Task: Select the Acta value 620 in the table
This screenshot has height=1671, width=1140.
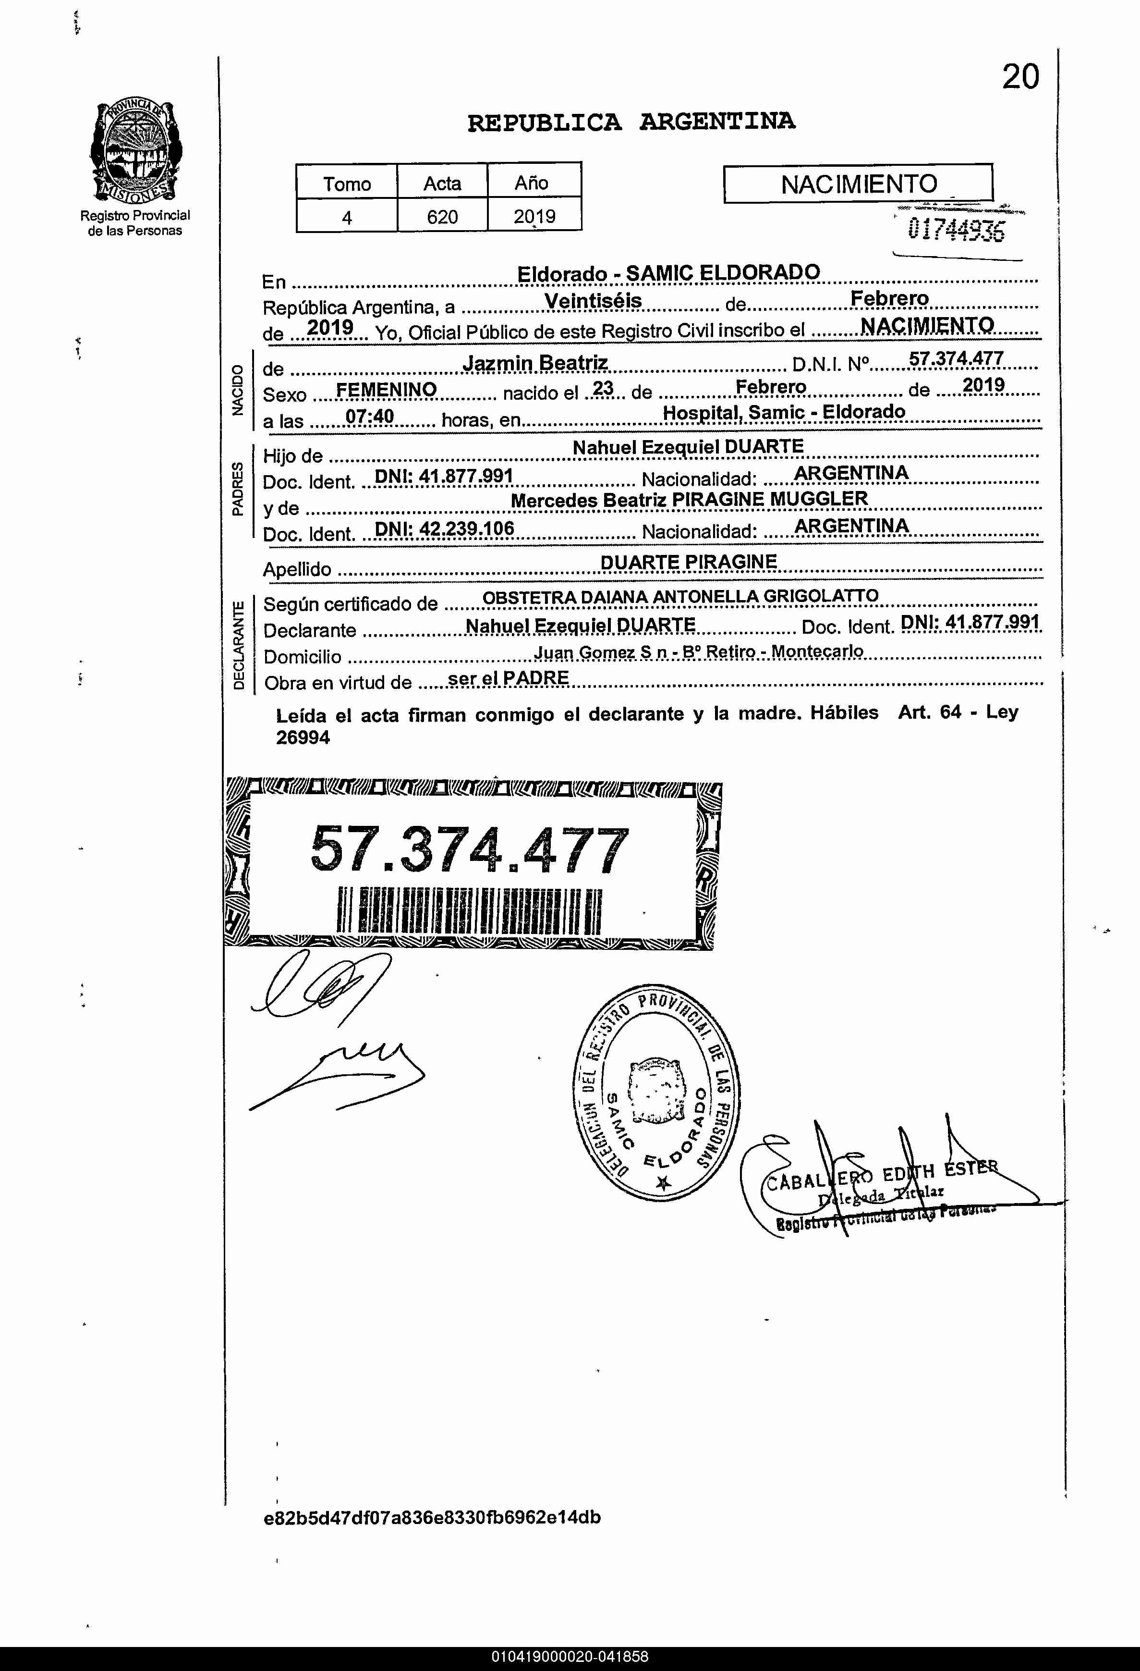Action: [x=442, y=216]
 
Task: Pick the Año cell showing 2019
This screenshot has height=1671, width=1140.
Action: [x=534, y=216]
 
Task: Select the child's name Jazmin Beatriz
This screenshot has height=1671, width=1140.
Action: [x=535, y=363]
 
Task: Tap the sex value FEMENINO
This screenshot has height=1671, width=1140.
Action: [x=386, y=390]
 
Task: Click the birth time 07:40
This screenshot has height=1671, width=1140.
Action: [x=369, y=417]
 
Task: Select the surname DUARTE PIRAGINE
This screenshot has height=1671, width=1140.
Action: [x=689, y=562]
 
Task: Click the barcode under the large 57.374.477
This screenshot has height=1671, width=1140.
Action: [x=469, y=910]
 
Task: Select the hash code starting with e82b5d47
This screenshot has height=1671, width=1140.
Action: [x=432, y=1517]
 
